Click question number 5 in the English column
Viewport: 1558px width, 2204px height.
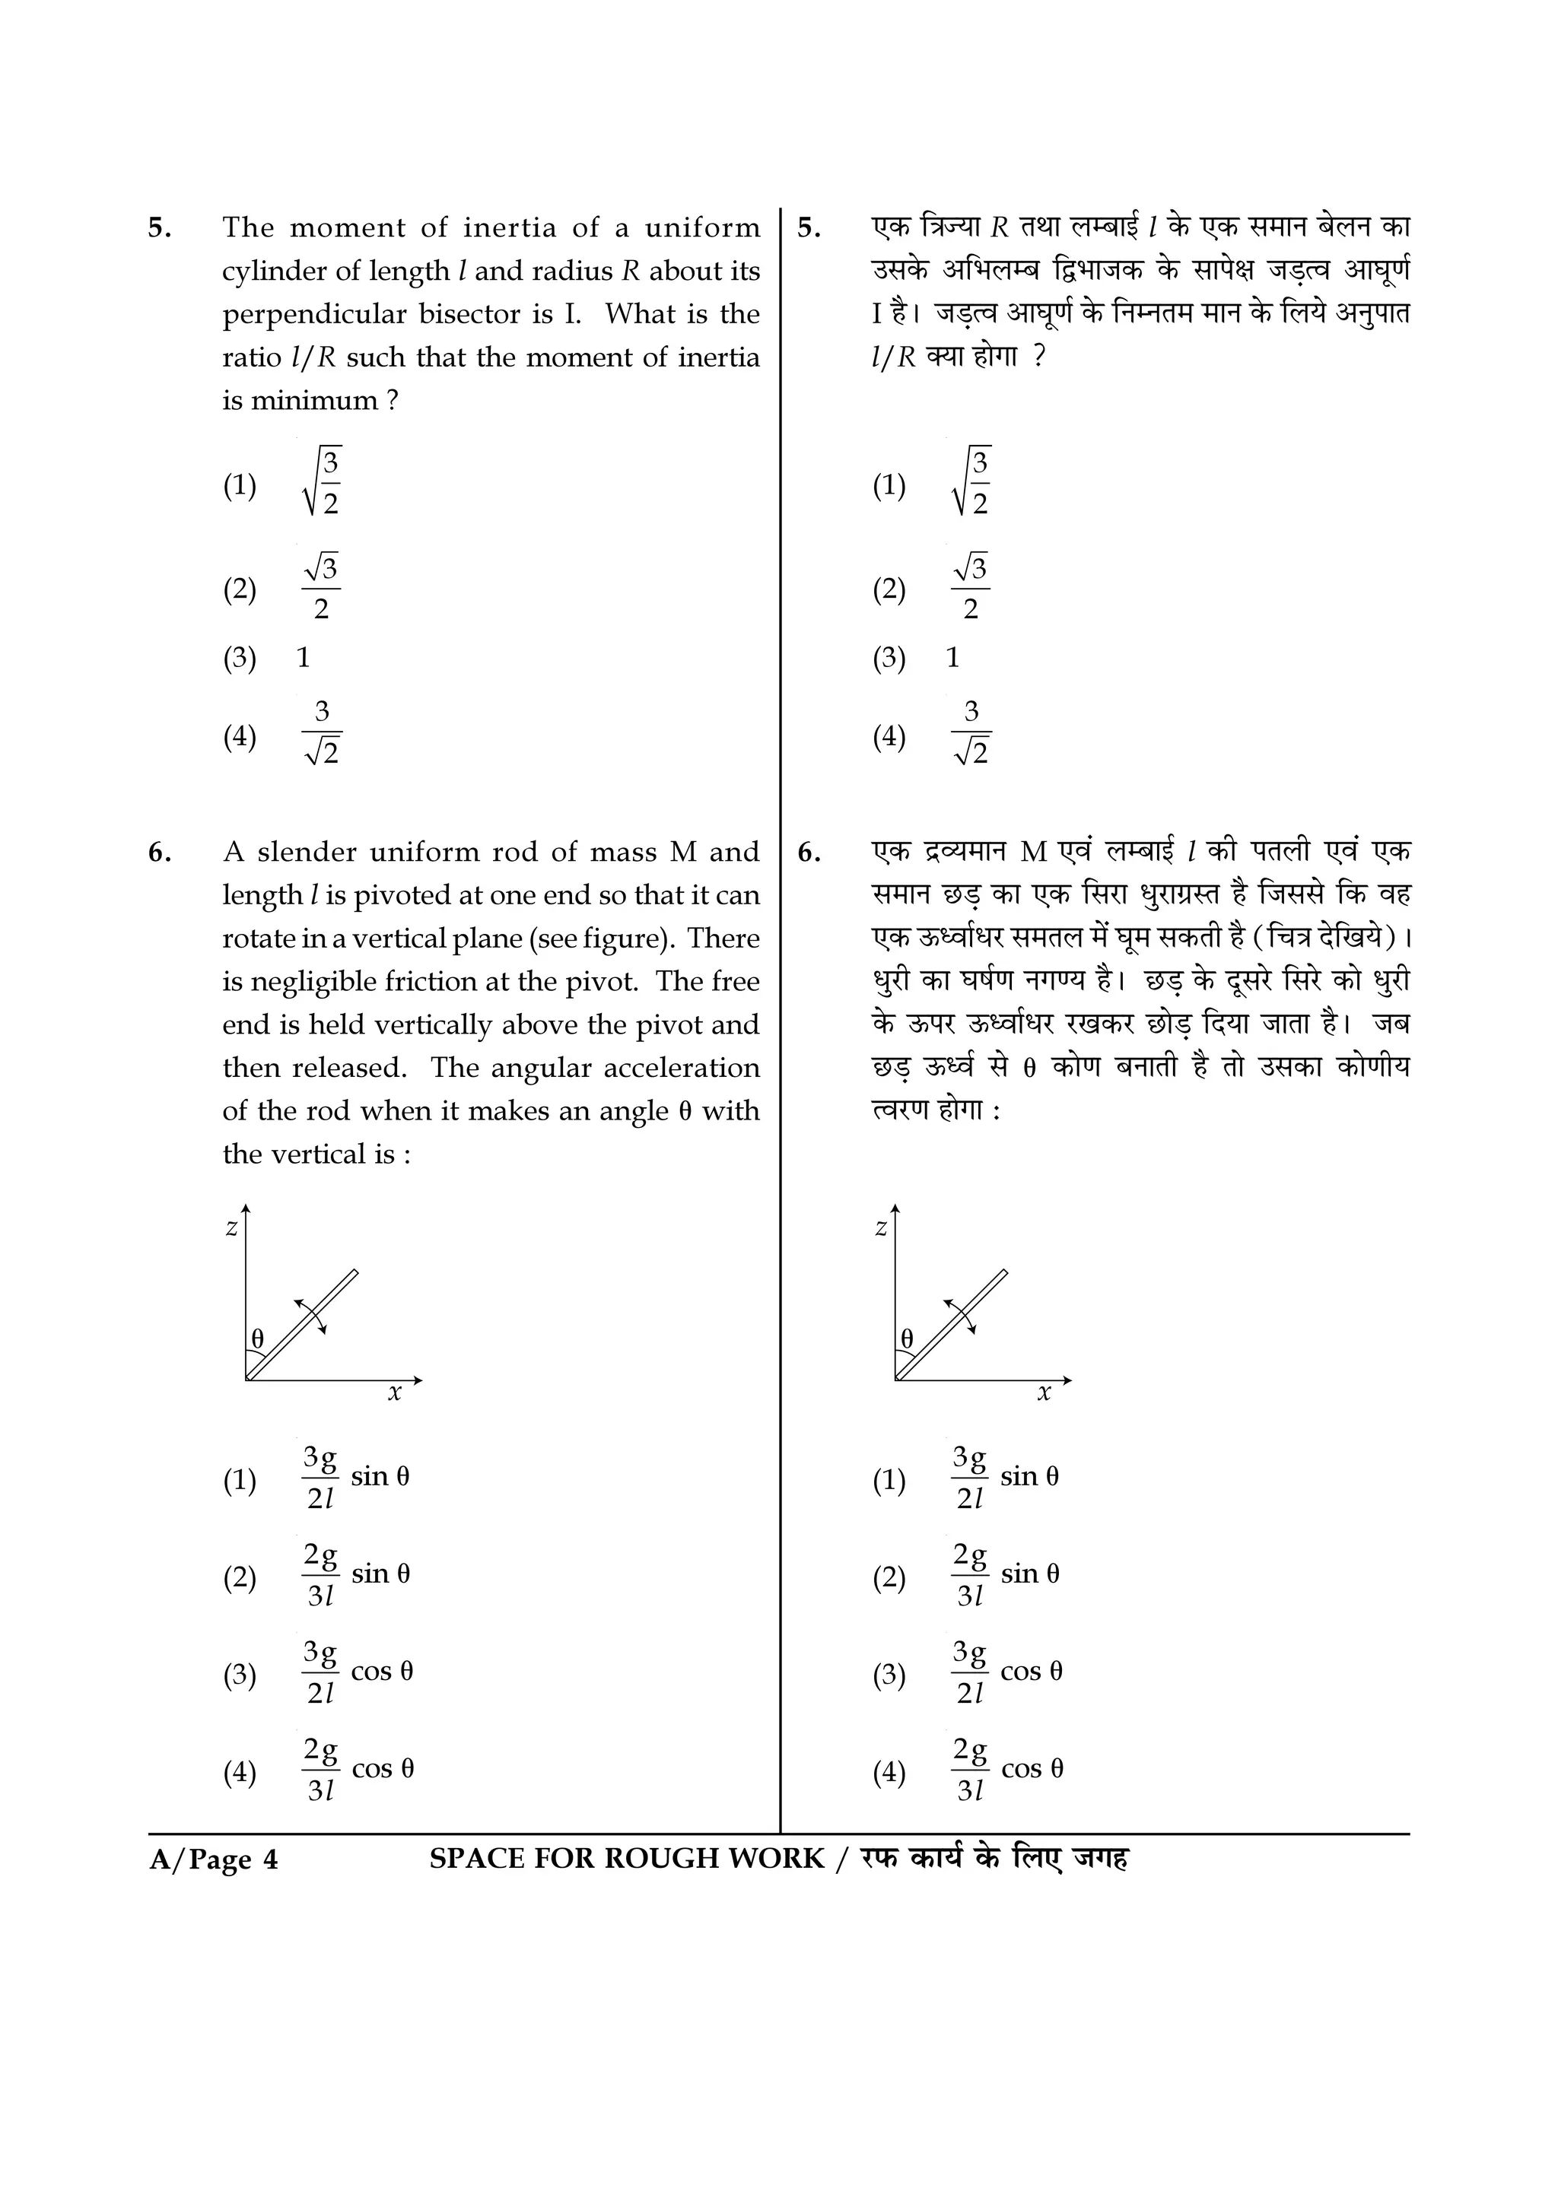pyautogui.click(x=159, y=228)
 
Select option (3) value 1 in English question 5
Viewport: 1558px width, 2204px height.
pyautogui.click(x=304, y=659)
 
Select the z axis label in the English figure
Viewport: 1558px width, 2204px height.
pyautogui.click(x=231, y=1227)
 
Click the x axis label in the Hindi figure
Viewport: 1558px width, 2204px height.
pyautogui.click(x=1044, y=1393)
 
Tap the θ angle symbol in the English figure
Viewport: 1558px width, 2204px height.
pyautogui.click(x=257, y=1339)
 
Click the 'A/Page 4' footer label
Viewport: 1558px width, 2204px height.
pyautogui.click(x=213, y=1860)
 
